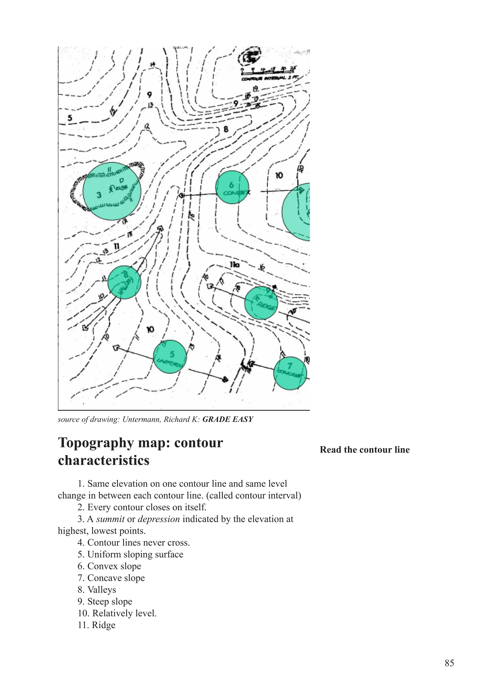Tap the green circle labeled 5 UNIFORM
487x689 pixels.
[170, 356]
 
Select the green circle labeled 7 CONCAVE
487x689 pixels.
[290, 373]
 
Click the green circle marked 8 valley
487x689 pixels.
[124, 282]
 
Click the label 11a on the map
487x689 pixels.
[235, 265]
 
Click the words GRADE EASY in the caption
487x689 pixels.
[228, 419]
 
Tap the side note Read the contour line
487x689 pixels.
[364, 450]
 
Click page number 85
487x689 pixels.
[449, 663]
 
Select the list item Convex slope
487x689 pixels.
[110, 566]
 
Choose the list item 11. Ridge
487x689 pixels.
[97, 625]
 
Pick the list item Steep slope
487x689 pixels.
[105, 601]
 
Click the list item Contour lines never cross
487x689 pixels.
[134, 543]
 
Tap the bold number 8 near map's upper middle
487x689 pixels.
[226, 129]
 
